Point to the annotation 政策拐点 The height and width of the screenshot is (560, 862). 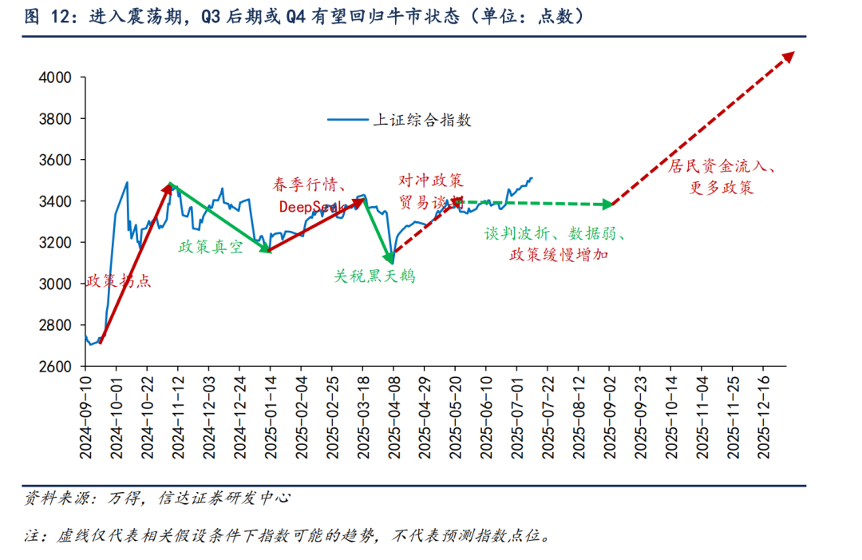[118, 282]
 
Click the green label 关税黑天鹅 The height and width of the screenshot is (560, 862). [374, 276]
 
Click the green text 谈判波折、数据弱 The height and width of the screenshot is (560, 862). [554, 234]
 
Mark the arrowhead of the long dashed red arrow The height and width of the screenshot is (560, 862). [789, 55]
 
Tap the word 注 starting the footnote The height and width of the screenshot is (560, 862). [32, 536]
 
